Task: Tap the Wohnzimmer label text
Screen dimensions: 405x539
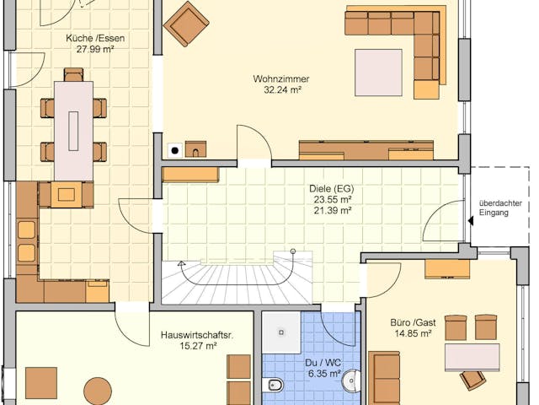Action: pyautogui.click(x=277, y=78)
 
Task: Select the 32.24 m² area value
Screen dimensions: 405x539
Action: pyautogui.click(x=277, y=89)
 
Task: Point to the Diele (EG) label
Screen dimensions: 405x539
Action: pyautogui.click(x=331, y=188)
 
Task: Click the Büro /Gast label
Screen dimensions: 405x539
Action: pyautogui.click(x=411, y=322)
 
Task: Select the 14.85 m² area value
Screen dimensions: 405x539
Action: pyautogui.click(x=411, y=333)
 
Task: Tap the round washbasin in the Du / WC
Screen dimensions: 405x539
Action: pyautogui.click(x=351, y=382)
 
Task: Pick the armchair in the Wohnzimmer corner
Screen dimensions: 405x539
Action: pyautogui.click(x=186, y=23)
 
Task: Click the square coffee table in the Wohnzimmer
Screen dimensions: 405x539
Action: pyautogui.click(x=378, y=72)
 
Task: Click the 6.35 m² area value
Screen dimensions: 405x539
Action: pyautogui.click(x=323, y=373)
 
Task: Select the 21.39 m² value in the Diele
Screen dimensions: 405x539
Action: pyautogui.click(x=331, y=210)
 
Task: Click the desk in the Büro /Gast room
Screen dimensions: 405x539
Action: pyautogui.click(x=472, y=356)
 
